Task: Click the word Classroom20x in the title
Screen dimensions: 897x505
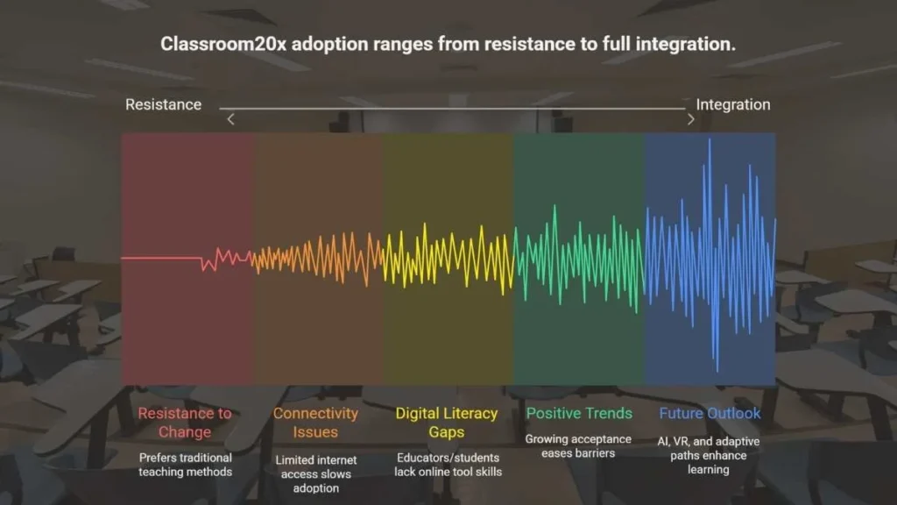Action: click(x=223, y=44)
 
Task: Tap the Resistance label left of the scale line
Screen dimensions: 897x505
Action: click(x=163, y=105)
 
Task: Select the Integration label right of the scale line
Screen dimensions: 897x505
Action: click(x=733, y=105)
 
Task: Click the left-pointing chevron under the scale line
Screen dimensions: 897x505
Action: click(x=230, y=119)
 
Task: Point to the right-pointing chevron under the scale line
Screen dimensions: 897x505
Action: click(x=690, y=119)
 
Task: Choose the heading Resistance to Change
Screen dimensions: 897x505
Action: click(x=185, y=423)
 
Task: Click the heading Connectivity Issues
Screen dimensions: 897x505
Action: click(x=315, y=423)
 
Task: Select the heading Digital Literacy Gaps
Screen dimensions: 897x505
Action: click(x=447, y=423)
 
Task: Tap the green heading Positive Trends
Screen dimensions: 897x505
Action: click(x=579, y=414)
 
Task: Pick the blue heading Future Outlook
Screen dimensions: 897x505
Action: click(x=710, y=414)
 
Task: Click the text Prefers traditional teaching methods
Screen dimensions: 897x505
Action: click(x=186, y=465)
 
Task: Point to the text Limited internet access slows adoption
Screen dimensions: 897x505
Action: click(x=315, y=474)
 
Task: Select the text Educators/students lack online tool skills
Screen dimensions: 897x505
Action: click(x=448, y=465)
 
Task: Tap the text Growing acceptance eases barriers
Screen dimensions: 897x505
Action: click(x=578, y=446)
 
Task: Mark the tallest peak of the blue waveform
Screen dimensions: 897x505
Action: click(x=710, y=139)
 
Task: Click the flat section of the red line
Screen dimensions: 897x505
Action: click(x=161, y=259)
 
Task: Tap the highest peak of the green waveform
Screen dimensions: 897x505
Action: click(x=554, y=206)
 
